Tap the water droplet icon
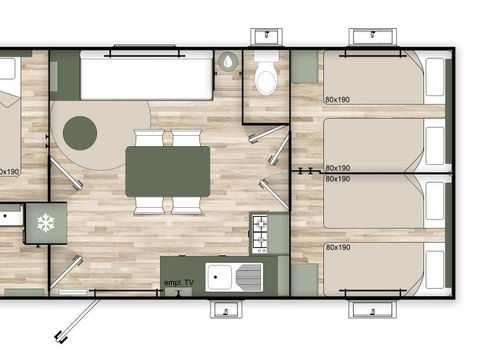(x=229, y=62)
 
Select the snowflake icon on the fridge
(x=44, y=222)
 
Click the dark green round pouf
(x=80, y=130)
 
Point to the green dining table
(x=168, y=171)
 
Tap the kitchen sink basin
(x=220, y=276)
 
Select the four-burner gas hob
(x=259, y=234)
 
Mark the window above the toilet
(x=267, y=36)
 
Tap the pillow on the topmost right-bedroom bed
(x=436, y=77)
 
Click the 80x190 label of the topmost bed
(x=337, y=99)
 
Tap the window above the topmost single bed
(x=373, y=36)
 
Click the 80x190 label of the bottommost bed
(x=337, y=247)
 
